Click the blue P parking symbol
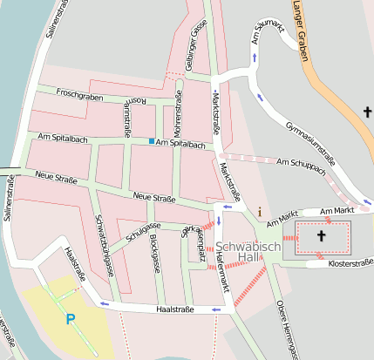pos(71,319)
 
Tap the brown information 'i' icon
pos(259,211)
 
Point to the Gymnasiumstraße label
pos(310,143)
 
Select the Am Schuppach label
pos(301,167)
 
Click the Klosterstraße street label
pos(350,262)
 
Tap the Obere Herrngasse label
pos(285,328)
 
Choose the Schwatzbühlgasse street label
pos(104,244)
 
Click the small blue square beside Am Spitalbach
pos(152,141)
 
